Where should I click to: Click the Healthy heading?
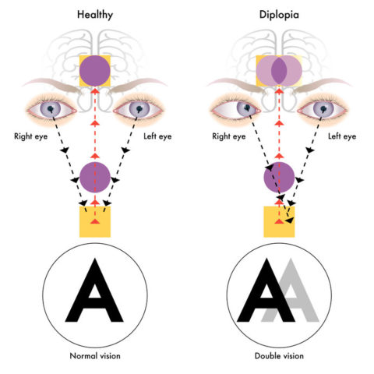tap(95, 14)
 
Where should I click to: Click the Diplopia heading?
tap(279, 14)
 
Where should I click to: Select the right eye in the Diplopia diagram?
tap(238, 110)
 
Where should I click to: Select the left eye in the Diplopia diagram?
tap(323, 110)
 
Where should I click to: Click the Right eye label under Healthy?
tap(34, 136)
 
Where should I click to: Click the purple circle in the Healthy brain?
tap(95, 71)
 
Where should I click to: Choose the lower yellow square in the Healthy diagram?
tap(95, 221)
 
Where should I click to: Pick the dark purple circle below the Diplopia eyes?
tap(279, 179)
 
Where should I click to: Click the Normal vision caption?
tap(95, 357)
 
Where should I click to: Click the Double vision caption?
tap(279, 357)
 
